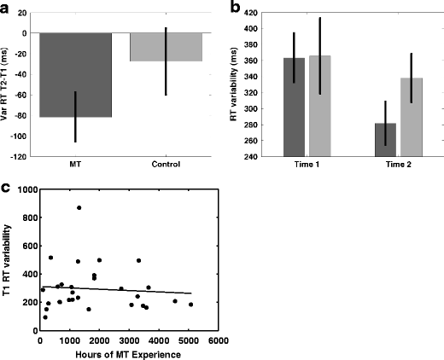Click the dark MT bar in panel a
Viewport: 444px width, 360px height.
(x=75, y=75)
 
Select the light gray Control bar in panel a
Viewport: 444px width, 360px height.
(x=166, y=47)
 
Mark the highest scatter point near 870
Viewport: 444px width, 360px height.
(x=79, y=207)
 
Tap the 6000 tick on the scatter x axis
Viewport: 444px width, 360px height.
(x=219, y=340)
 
